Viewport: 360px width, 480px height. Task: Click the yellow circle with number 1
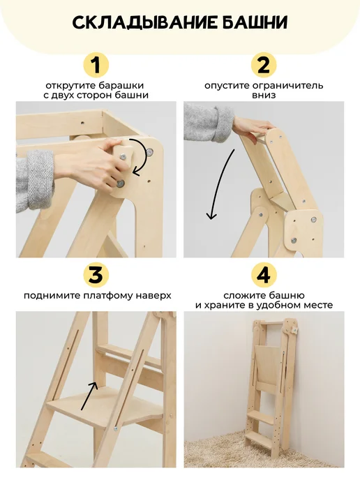tap(96, 65)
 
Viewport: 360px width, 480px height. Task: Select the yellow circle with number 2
tap(264, 65)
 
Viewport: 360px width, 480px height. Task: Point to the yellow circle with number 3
tap(96, 275)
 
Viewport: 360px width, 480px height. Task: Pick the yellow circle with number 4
tap(264, 275)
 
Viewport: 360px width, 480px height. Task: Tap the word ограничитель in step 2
tap(290, 85)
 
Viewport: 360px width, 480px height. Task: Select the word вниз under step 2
tap(264, 95)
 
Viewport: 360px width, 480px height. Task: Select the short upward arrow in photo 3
tap(90, 396)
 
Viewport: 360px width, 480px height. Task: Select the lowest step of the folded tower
tap(259, 441)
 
